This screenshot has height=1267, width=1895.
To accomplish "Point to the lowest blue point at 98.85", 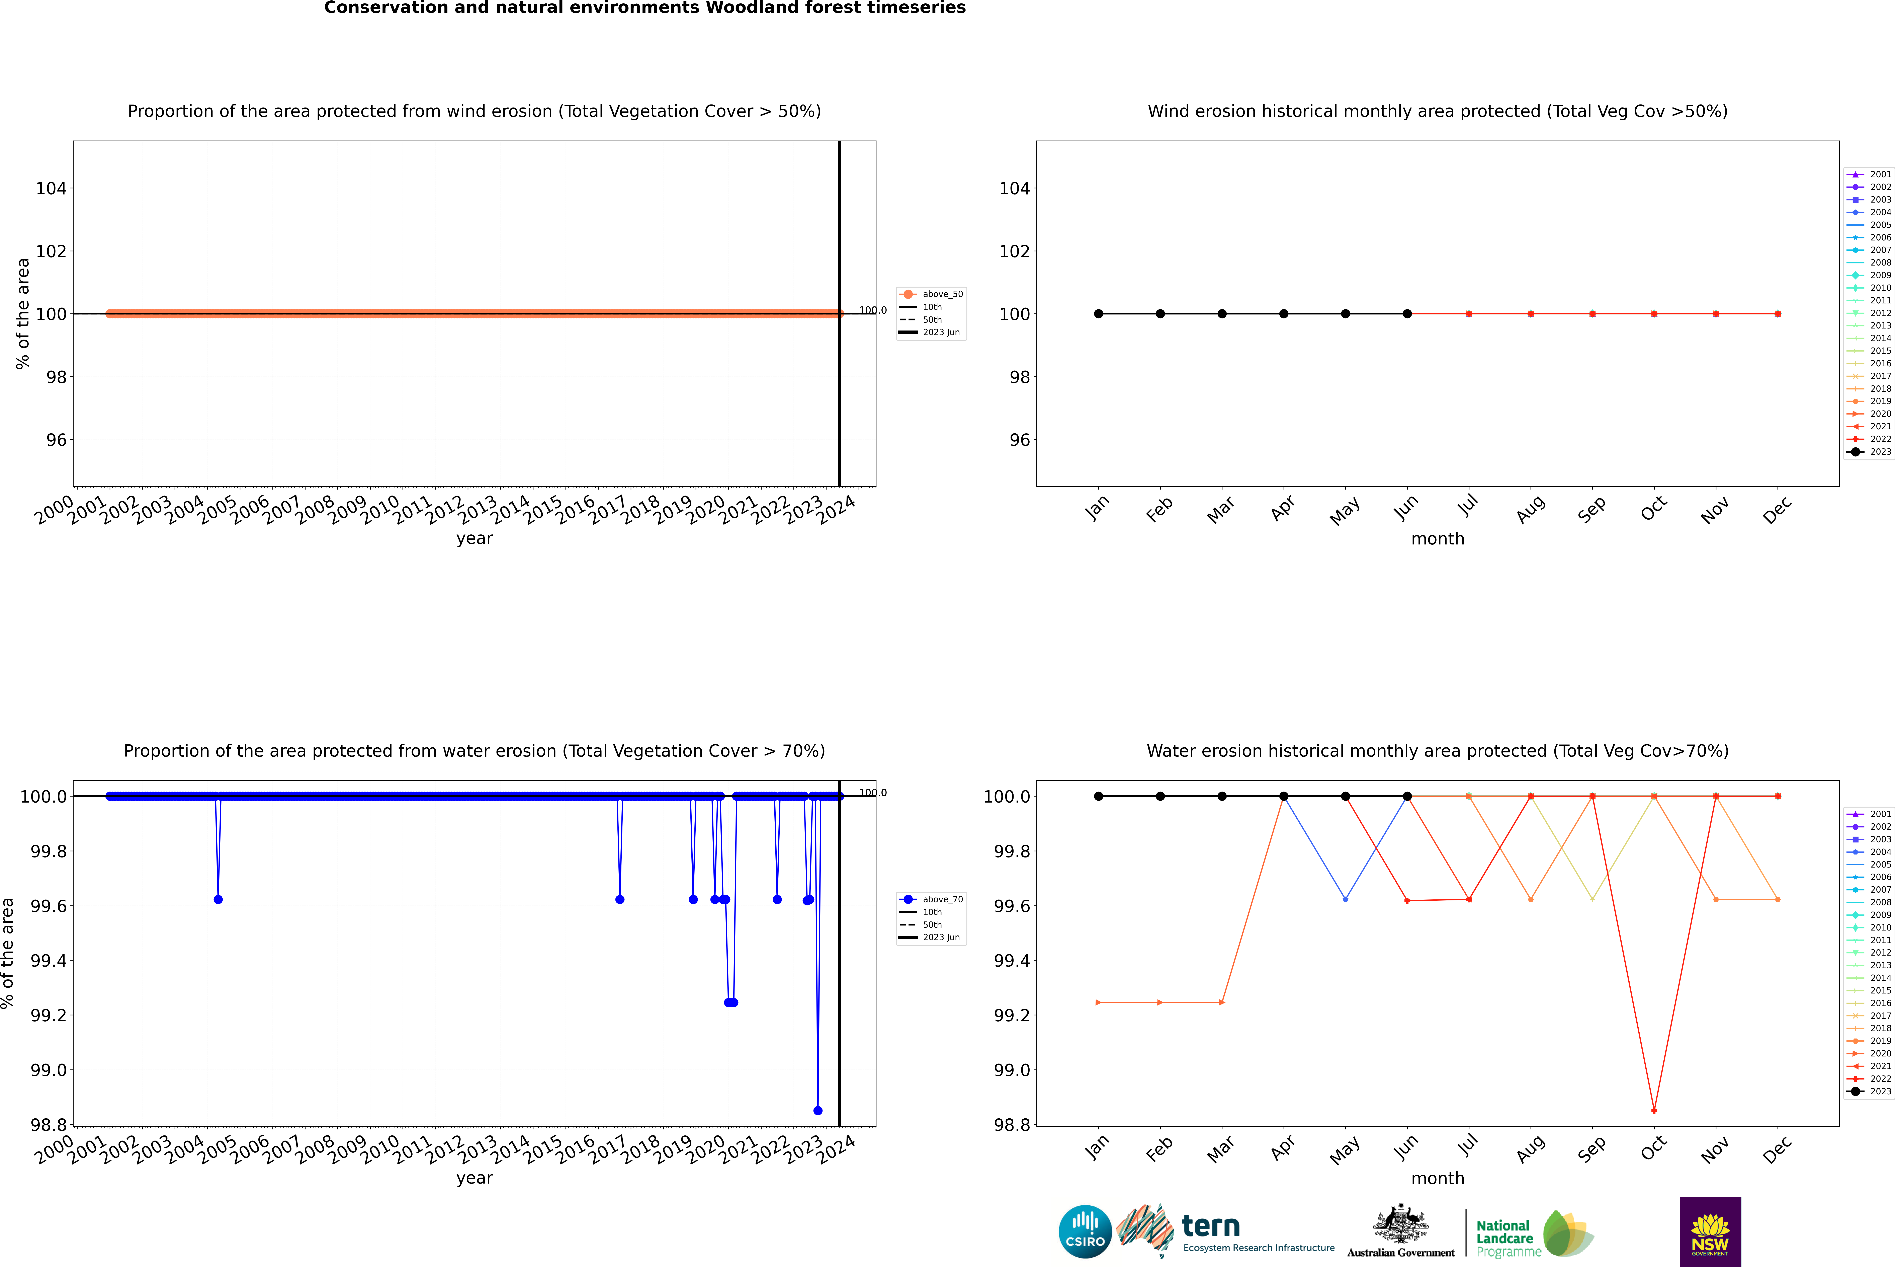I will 817,1110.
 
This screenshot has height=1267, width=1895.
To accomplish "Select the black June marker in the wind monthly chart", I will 1407,313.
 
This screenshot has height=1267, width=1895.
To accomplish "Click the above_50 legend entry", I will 931,294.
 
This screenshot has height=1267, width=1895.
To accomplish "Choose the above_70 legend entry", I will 931,899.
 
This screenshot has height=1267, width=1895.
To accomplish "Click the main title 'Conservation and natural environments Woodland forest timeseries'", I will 644,8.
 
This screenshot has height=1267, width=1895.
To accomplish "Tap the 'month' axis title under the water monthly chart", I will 1437,1178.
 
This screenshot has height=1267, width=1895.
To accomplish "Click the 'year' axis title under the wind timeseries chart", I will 474,538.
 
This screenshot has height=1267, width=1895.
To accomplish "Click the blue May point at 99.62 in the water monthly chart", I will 1345,899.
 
